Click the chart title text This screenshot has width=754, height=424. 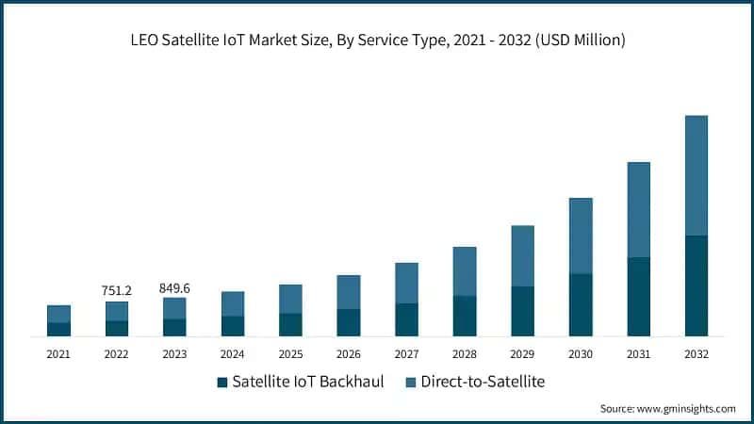377,41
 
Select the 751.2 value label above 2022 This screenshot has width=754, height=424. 116,291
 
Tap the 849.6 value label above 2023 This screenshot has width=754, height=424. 174,287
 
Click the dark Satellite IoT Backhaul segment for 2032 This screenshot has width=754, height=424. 696,285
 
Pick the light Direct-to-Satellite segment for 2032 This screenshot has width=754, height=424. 696,175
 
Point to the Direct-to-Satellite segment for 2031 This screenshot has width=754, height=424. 638,209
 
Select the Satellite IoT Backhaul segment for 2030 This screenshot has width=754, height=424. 581,304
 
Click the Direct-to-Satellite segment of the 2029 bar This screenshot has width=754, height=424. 522,255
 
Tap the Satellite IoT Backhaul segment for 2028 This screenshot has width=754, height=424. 465,316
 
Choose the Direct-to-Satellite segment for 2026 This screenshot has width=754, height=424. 349,292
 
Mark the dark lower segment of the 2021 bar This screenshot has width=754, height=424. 58,329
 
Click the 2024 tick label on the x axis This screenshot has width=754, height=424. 232,354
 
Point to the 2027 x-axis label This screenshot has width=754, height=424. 406,354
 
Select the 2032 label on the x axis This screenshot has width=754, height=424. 696,354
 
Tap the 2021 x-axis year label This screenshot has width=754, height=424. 58,354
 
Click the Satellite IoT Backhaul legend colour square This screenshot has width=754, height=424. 222,383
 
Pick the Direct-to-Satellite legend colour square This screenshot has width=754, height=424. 411,383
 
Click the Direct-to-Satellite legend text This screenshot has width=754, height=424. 483,382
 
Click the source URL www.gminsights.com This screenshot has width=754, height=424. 687,409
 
